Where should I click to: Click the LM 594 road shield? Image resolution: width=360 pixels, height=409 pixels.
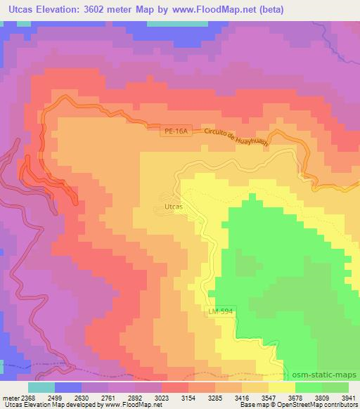[221, 310]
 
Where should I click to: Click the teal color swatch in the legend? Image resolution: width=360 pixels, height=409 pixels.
[41, 387]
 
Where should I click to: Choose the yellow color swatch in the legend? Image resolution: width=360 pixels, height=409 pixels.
[281, 387]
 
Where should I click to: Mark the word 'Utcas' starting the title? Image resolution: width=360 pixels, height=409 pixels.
[18, 9]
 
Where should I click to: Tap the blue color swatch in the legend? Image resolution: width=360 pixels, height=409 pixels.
[67, 387]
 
